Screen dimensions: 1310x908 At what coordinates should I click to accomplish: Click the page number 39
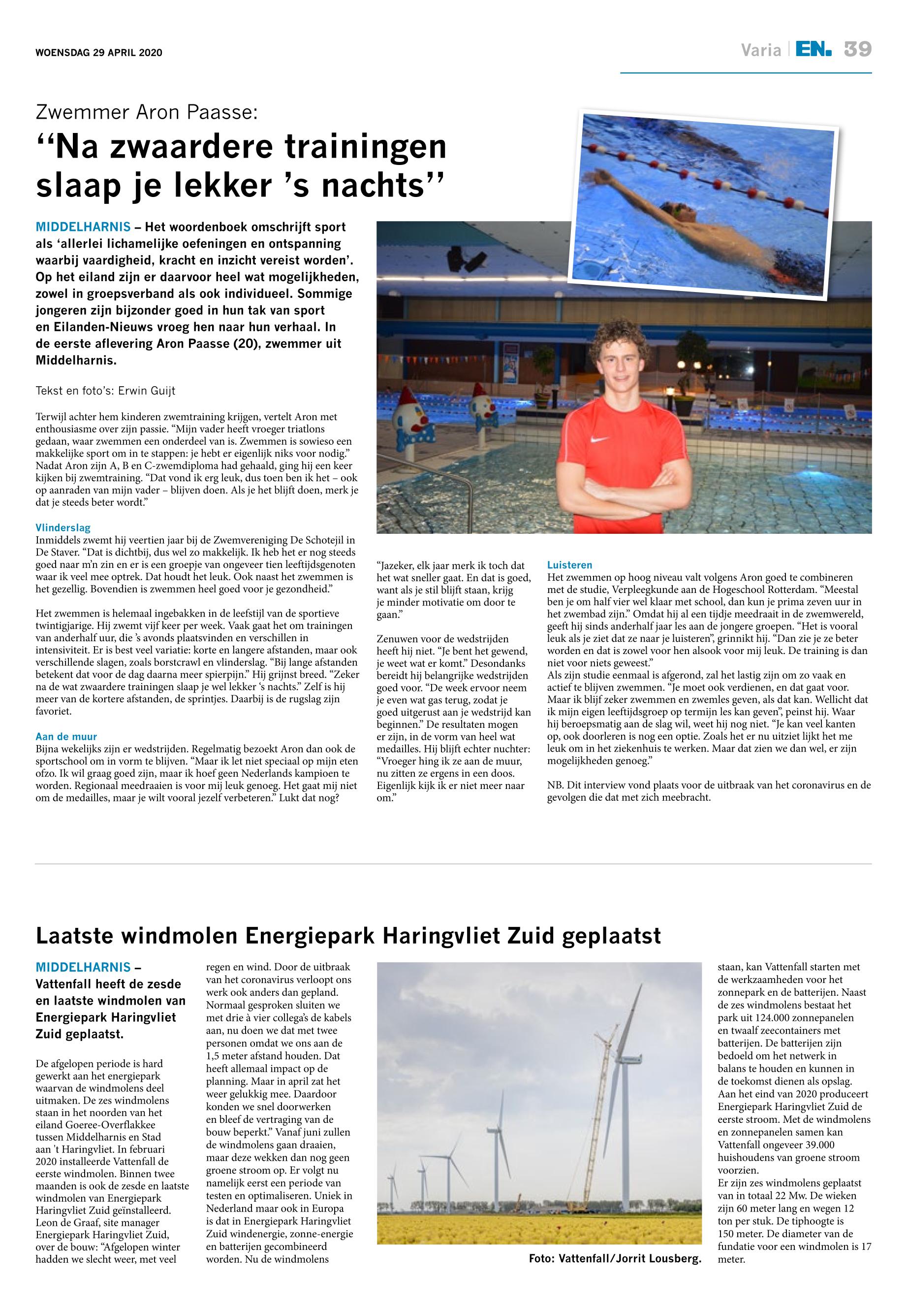(857, 50)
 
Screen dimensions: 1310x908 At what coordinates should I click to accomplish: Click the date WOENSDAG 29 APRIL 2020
(99, 53)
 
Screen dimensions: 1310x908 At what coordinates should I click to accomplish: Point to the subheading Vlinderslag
(63, 528)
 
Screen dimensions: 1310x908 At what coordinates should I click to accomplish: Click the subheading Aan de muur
(66, 736)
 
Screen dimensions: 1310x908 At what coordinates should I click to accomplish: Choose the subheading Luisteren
(569, 565)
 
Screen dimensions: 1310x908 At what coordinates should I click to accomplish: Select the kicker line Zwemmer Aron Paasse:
(147, 112)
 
